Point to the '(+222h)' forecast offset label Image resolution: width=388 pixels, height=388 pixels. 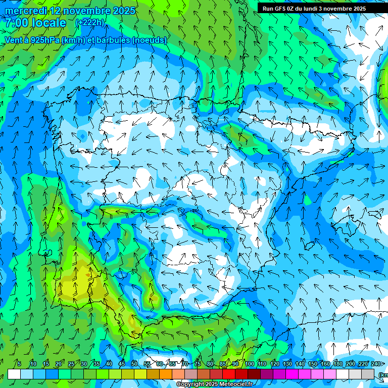[x=89, y=23]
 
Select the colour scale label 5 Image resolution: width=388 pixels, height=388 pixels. [x=19, y=364]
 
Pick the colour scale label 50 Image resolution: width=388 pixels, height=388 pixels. [x=134, y=364]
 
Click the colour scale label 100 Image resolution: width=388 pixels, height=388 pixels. [x=250, y=364]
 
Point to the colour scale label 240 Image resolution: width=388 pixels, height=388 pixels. [x=376, y=364]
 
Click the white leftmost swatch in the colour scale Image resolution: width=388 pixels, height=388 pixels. [x=14, y=374]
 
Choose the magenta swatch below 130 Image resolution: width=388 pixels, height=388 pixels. [x=292, y=374]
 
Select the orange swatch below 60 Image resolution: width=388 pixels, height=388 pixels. [x=166, y=374]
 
